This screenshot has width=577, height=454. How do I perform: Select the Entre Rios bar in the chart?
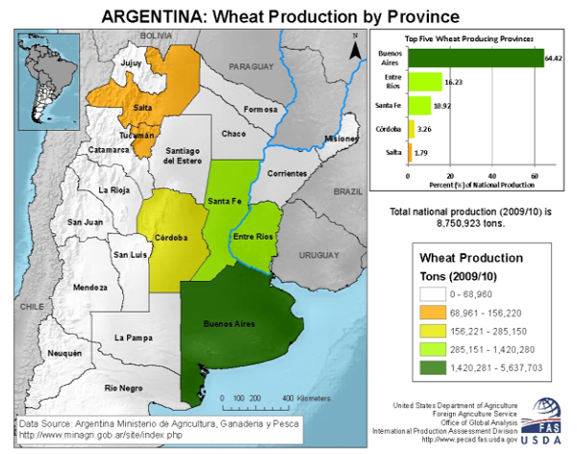[425, 82]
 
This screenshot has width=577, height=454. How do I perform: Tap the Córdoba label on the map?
[169, 237]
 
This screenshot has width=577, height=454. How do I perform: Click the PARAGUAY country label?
[251, 68]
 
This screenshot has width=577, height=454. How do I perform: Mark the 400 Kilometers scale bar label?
[305, 396]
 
